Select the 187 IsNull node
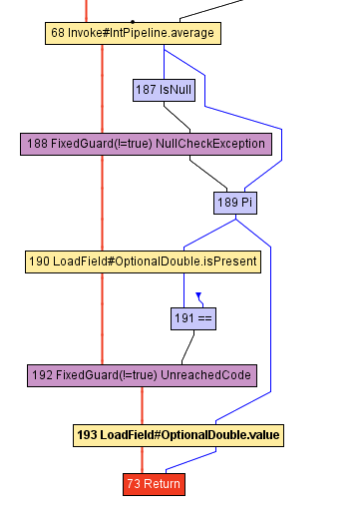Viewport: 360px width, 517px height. coord(163,90)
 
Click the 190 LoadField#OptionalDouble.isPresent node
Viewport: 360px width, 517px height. coord(143,261)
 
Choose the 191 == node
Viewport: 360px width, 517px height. coord(193,318)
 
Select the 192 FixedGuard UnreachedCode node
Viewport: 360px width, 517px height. coord(143,375)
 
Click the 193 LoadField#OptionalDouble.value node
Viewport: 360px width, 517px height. coord(179,435)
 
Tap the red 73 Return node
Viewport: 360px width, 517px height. coord(154,484)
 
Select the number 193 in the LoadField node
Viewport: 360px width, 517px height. coord(88,435)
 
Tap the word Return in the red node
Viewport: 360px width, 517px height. coord(163,484)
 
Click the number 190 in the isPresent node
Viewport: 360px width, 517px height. coord(39,261)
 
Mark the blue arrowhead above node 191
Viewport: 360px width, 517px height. coord(198,296)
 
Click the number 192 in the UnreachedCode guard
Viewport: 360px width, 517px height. coord(43,375)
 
